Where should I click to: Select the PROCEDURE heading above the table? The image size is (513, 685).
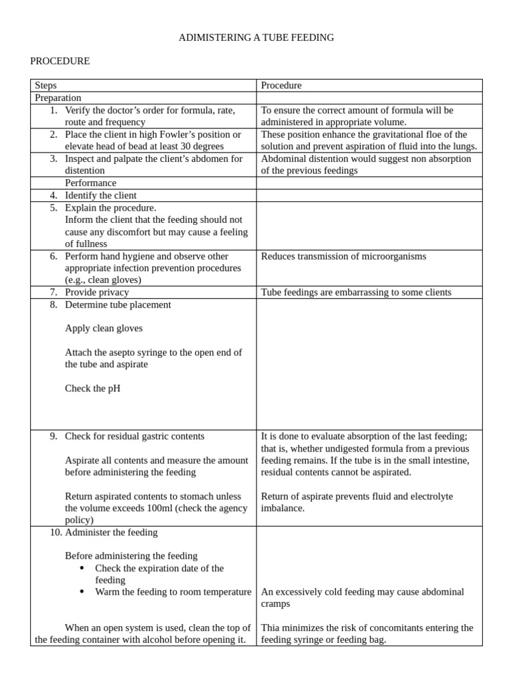click(60, 62)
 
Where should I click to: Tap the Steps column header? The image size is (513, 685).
click(45, 86)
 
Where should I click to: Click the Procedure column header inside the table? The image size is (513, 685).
click(281, 86)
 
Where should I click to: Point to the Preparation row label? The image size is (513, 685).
click(58, 98)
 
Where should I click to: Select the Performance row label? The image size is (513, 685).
click(90, 183)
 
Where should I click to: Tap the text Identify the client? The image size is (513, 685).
click(100, 195)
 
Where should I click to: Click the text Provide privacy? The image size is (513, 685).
click(97, 292)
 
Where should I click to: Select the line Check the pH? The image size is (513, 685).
click(93, 389)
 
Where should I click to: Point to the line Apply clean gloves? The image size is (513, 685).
click(104, 328)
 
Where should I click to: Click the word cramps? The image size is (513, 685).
click(275, 604)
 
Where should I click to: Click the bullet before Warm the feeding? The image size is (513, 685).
click(81, 592)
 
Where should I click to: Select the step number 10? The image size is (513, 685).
click(56, 532)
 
